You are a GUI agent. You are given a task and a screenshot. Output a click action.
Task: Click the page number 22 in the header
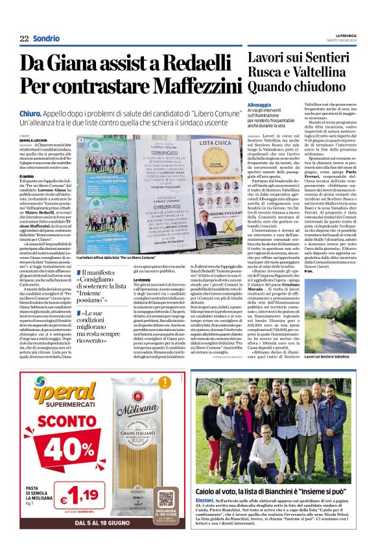pos(24,39)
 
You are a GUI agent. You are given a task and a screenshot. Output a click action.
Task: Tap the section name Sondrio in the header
pos(46,39)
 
